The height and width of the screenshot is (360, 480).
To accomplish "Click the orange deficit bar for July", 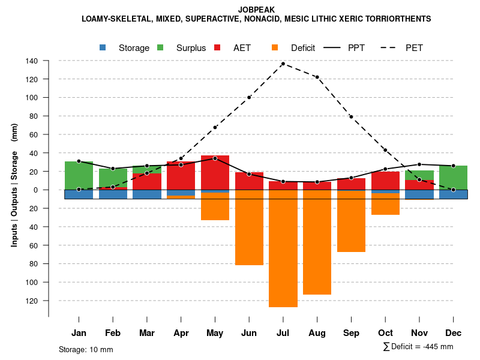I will (x=283, y=248).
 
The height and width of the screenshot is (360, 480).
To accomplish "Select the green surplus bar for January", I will (x=79, y=175).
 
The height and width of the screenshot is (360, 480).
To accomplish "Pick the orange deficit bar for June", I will (x=249, y=227).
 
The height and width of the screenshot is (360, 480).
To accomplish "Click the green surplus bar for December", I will (x=453, y=178).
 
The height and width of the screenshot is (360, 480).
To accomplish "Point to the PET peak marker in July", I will (x=283, y=64).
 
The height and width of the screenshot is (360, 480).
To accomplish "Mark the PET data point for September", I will (x=351, y=116).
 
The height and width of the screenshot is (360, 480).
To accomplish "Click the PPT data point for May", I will (x=215, y=158).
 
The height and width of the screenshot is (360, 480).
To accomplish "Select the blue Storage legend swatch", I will (x=103, y=47).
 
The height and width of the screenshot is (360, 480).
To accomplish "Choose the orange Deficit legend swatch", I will (x=275, y=47).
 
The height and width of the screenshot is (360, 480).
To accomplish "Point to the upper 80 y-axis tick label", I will (x=34, y=116).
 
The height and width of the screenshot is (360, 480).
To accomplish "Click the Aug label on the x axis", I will (x=317, y=333).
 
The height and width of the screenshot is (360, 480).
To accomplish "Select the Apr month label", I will (x=181, y=333).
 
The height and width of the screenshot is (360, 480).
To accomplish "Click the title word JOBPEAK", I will (x=257, y=10).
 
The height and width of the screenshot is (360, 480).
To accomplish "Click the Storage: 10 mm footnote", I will (x=86, y=349).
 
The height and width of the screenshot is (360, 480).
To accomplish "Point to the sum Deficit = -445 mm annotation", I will (x=418, y=347).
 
